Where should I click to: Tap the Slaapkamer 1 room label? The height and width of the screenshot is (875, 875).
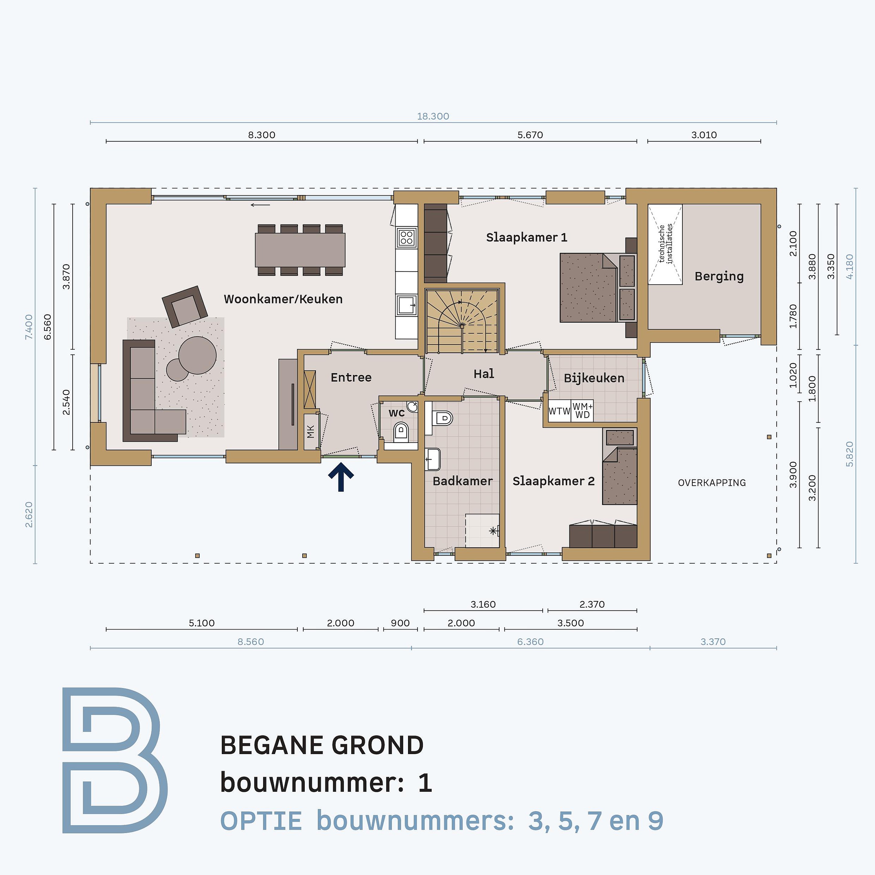(x=526, y=237)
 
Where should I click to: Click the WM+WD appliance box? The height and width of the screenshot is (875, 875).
(x=582, y=411)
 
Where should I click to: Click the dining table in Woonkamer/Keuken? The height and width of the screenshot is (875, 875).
(x=300, y=250)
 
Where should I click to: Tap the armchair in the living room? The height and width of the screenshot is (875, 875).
(x=185, y=307)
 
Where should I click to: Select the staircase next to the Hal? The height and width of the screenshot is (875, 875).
(x=462, y=321)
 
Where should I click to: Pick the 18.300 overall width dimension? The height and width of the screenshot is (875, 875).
(x=433, y=116)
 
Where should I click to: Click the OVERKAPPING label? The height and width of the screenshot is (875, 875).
(x=712, y=483)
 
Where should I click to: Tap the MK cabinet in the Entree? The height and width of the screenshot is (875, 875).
(x=310, y=432)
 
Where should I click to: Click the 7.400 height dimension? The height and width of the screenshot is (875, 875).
(x=29, y=327)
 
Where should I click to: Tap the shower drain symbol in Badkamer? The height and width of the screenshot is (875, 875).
(x=493, y=531)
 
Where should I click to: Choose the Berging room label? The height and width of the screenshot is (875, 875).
(x=719, y=276)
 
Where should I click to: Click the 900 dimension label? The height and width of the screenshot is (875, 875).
(x=400, y=623)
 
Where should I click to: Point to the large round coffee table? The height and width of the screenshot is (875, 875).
(x=197, y=355)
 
